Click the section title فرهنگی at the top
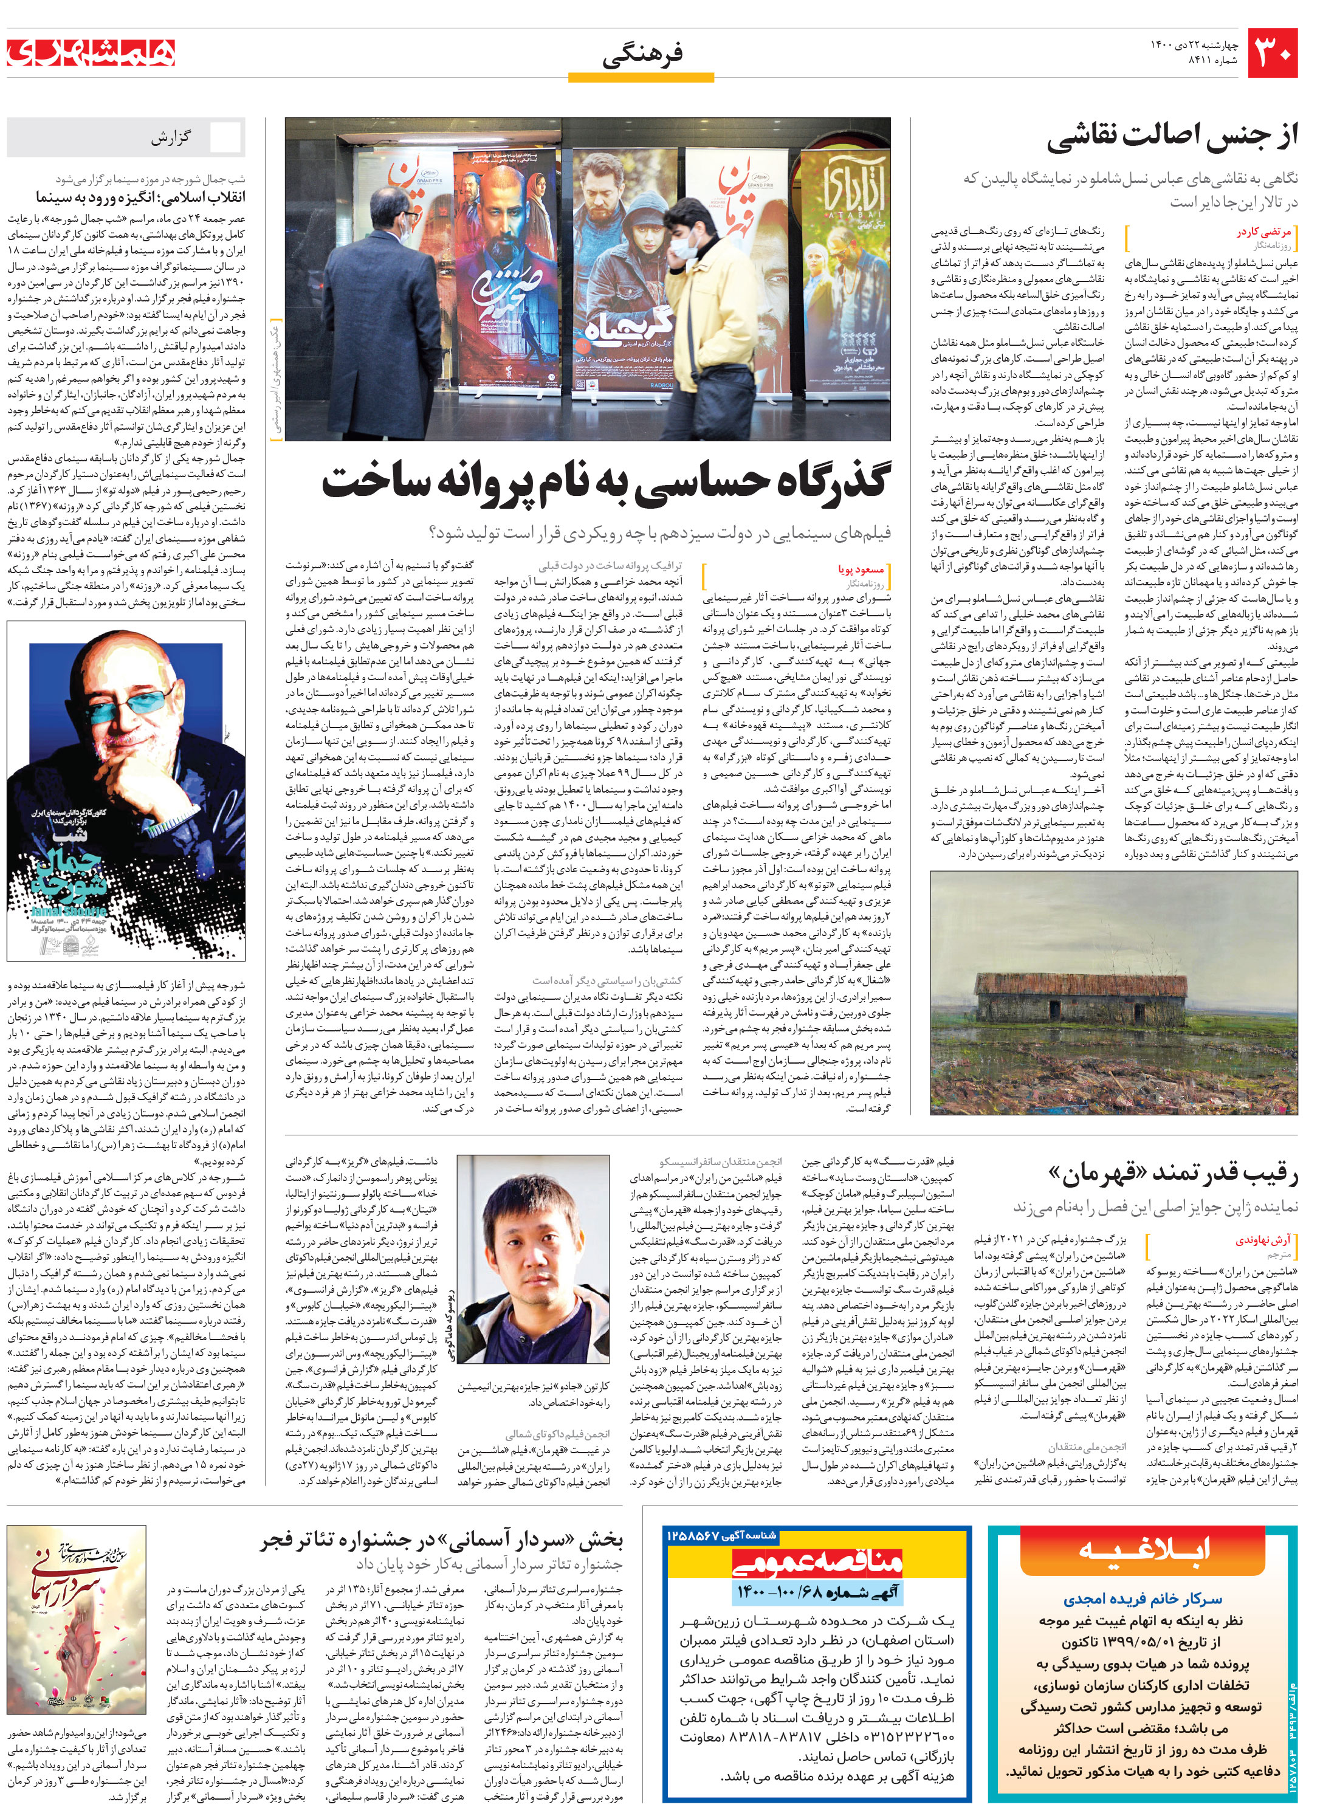[x=642, y=54]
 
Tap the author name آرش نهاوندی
[x=1262, y=1240]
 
